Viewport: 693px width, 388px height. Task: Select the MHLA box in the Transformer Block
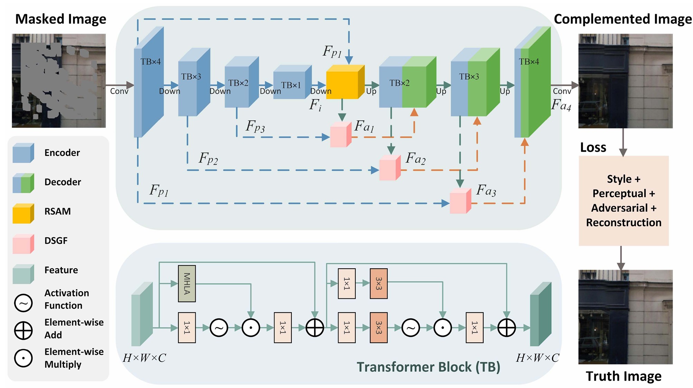[x=187, y=284]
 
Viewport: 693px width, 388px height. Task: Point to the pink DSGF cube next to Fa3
[x=460, y=201]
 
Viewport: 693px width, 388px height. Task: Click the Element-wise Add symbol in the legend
[x=23, y=330]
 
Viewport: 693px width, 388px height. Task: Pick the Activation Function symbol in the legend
[x=23, y=303]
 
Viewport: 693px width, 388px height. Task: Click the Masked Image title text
[x=60, y=19]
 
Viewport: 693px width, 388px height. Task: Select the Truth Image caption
[x=624, y=376]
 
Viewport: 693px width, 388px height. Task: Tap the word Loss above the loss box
[x=593, y=148]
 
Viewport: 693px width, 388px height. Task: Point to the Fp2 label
[x=208, y=159]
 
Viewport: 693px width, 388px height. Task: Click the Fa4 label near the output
[x=561, y=105]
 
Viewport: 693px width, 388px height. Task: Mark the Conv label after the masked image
[x=119, y=91]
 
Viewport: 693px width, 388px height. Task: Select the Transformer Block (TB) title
[x=428, y=367]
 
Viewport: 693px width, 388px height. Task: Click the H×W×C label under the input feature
[x=144, y=358]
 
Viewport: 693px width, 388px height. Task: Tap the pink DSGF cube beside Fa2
[x=390, y=168]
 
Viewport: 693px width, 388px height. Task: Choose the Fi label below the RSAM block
[x=315, y=105]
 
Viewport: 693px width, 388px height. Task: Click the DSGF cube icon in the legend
[x=23, y=243]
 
